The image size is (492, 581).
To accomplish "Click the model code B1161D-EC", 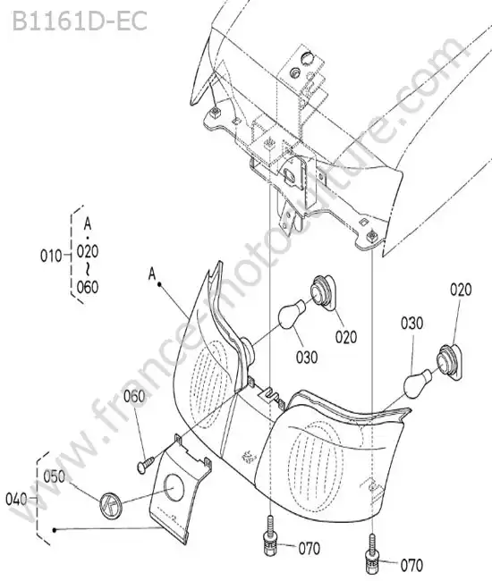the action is (80, 21).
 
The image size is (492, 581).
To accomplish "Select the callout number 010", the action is (51, 256).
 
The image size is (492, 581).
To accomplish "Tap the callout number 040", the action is (16, 500).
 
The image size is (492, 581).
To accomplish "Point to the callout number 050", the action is (55, 476).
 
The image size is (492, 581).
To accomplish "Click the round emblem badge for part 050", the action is (110, 504).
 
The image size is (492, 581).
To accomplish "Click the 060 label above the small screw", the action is (134, 397).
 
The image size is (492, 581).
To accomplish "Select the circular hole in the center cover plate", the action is (174, 487).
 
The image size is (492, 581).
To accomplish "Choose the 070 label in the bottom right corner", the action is (411, 566).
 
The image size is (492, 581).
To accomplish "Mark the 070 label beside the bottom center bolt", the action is (310, 549).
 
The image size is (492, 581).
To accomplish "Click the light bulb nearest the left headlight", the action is (293, 315).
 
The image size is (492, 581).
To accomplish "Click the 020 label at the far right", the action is (461, 290).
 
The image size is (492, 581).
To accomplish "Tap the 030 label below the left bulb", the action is (307, 358).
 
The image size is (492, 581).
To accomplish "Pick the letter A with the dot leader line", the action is (152, 274).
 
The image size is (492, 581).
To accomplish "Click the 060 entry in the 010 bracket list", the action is (88, 287).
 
